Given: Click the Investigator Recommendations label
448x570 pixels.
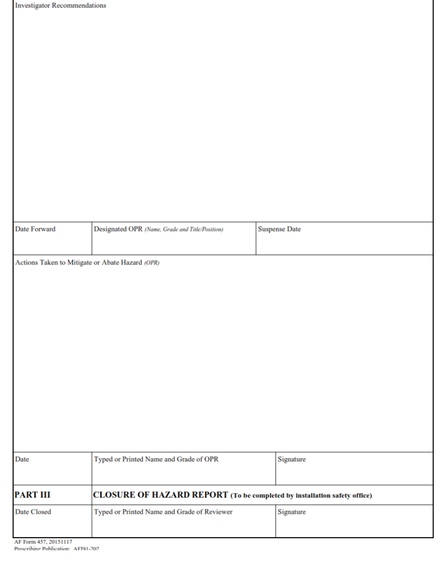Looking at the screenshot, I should [61, 6].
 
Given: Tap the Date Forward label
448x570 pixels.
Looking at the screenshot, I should [35, 229].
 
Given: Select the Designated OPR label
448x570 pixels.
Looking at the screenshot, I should [118, 229].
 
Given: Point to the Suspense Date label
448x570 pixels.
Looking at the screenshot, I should [279, 229].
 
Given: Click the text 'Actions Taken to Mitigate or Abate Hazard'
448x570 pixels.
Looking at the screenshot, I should [78, 263].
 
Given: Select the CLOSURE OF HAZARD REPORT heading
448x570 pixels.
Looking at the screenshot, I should [161, 495].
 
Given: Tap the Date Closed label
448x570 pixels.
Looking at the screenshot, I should [33, 512].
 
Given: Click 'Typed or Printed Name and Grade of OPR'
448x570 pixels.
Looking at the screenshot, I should [156, 460].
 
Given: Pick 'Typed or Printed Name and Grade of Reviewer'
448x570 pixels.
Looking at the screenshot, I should [163, 512].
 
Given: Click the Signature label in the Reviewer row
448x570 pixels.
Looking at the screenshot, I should [291, 512].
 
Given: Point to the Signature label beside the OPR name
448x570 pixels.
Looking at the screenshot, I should [291, 460].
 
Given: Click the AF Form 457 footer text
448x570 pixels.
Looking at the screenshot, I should [43, 542].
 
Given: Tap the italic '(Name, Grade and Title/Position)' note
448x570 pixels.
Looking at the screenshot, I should [184, 230].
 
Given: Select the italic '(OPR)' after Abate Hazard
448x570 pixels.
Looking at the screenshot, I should [152, 263].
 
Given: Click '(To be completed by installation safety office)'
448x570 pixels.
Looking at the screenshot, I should [301, 495].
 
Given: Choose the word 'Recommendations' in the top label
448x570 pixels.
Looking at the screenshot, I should [79, 6].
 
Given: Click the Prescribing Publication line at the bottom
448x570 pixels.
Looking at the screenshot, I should [56, 548].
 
